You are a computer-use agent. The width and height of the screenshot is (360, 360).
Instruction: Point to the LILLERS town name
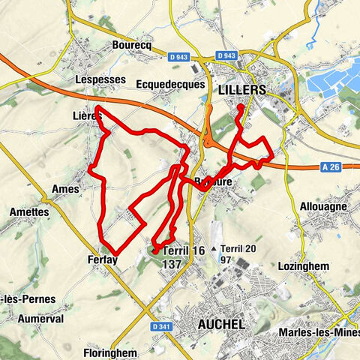click(x=241, y=89)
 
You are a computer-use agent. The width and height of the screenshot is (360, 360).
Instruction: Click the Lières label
click(x=88, y=115)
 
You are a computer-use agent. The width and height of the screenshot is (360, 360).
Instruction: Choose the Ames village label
click(x=66, y=189)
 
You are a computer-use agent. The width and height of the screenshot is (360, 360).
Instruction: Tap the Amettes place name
click(x=29, y=212)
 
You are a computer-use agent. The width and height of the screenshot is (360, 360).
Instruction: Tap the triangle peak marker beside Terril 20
click(x=214, y=248)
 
